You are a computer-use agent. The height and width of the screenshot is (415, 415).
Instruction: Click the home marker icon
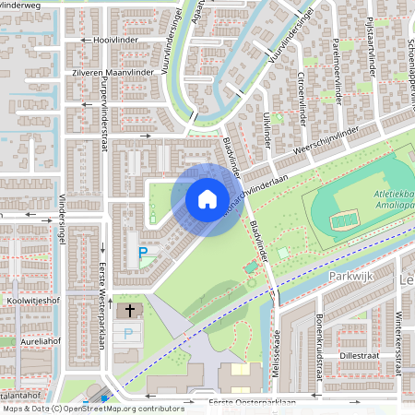(x=207, y=198)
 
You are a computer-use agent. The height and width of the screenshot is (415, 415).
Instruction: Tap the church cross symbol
(x=129, y=312)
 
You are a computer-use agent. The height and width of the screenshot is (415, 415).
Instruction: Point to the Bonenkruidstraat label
(x=319, y=342)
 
